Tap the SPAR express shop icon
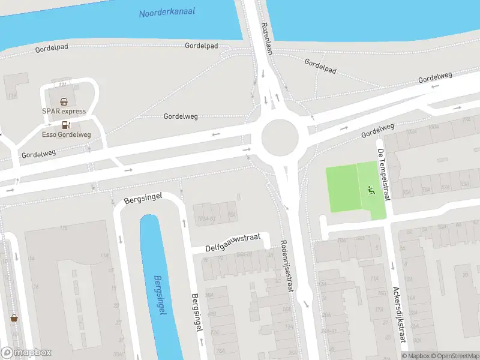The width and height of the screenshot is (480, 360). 64,102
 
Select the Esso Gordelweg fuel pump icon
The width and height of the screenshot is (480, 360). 66,125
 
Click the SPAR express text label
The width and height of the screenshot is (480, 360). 64,111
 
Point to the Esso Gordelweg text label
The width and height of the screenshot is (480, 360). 66,134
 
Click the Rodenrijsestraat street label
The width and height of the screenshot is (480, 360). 287,266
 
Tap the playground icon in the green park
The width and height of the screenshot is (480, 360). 370,191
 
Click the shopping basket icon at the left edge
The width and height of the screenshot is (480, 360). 13,318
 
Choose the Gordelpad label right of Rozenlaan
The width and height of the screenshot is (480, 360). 320,66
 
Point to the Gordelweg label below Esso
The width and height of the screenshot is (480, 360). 38,154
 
